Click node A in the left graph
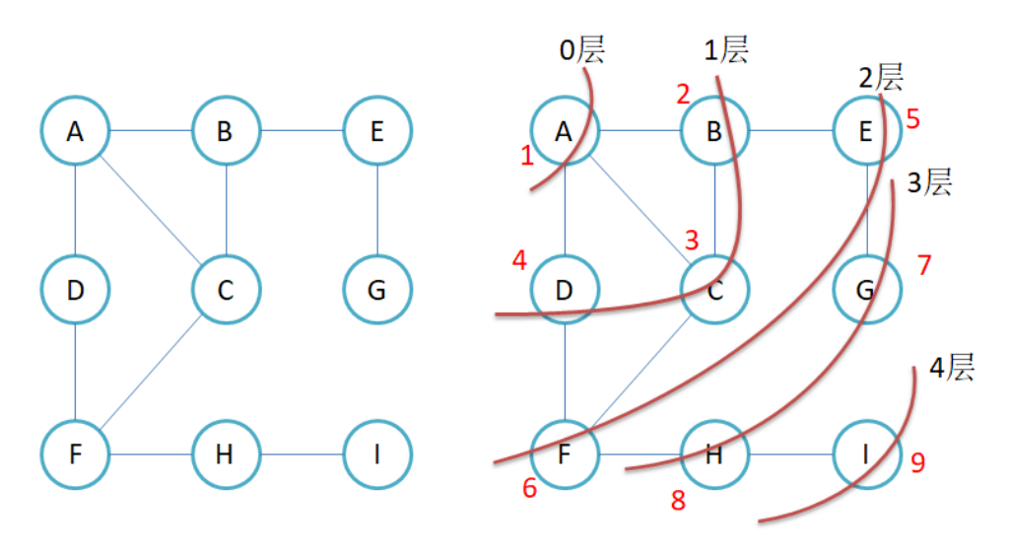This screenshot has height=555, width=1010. coord(75,130)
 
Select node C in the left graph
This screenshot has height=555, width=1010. coord(226,290)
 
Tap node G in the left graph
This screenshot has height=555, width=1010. coord(376,290)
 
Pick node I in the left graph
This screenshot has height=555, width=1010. coord(376,455)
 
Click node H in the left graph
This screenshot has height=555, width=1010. coord(226,455)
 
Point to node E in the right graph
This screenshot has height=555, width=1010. coord(865,130)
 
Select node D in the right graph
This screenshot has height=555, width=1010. coord(565,290)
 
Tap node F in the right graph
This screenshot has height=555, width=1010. coord(565,455)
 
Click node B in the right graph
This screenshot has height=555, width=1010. coord(714,130)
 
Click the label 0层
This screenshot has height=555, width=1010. coord(581,49)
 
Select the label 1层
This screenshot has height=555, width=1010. coord(726,49)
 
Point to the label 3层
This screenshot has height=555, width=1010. coord(929,182)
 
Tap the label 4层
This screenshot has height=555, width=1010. coord(952,369)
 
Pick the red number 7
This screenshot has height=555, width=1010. coord(923,265)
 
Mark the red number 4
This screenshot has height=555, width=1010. coord(519,260)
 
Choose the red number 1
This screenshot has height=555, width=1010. coord(527,154)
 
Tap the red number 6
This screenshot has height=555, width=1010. coord(530,489)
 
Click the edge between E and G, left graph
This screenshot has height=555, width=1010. coord(376,210)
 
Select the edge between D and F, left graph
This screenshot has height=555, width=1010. coord(75,373)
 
